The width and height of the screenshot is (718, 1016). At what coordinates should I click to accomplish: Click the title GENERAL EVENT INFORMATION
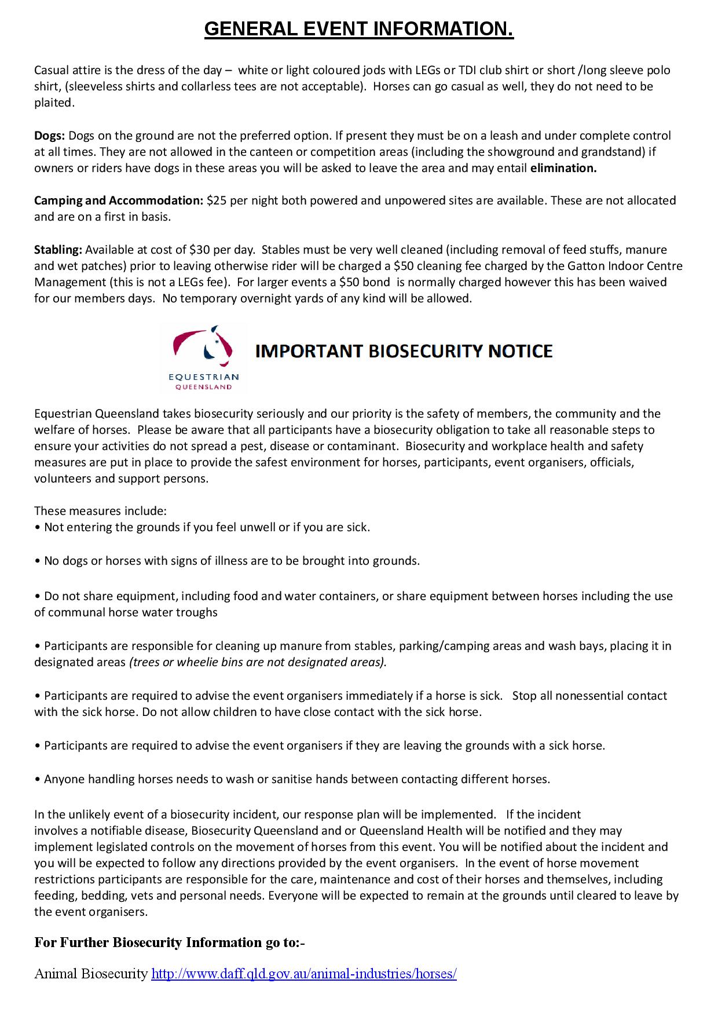point(358,29)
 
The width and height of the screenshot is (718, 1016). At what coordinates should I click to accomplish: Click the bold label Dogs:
point(49,136)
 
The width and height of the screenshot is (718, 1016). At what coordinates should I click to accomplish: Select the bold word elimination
point(563,168)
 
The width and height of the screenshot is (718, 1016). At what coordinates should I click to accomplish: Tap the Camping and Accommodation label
point(118,200)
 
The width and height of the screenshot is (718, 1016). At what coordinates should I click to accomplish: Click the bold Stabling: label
point(58,250)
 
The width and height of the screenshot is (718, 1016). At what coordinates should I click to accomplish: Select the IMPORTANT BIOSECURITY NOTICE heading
point(404,351)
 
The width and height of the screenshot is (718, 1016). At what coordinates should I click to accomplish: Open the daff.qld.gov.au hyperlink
point(303,974)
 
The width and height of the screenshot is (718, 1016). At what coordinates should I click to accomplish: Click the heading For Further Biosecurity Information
point(169,942)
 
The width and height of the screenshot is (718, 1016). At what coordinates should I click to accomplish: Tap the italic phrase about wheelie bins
point(257,662)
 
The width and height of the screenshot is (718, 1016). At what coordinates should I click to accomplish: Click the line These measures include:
point(100,511)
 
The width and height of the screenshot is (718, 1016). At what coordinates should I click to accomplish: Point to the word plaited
point(54,103)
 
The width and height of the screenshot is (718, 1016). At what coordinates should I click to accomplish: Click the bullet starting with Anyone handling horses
point(296,779)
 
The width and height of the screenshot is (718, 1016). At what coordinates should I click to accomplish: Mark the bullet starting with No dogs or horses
point(232,561)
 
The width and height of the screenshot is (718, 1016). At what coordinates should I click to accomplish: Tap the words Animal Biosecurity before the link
point(91,974)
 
